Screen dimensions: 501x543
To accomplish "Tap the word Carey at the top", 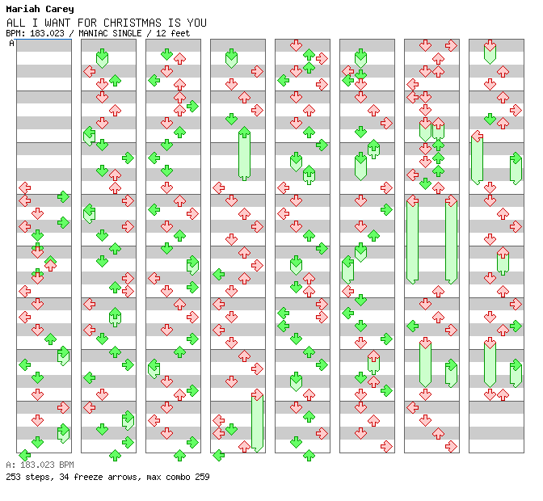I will click(59, 10).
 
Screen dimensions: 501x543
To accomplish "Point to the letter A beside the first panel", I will click(11, 44).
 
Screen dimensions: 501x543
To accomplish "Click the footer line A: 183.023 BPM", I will click(40, 465).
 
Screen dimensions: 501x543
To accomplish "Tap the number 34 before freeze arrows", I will click(65, 477).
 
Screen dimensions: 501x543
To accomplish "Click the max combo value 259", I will click(201, 477).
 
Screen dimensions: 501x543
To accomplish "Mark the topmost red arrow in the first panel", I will click(25, 187).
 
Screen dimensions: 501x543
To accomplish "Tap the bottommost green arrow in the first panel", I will click(25, 455).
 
